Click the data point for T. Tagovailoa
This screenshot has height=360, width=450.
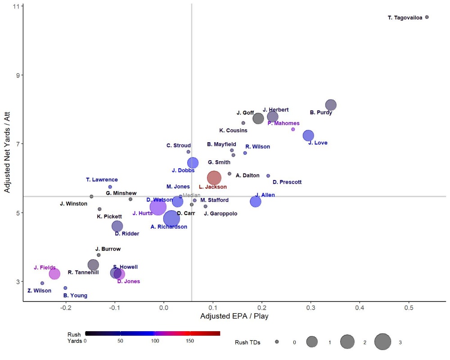[x=427, y=17]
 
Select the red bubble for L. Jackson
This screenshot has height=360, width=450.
[x=214, y=178]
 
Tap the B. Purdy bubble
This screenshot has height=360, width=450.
[x=331, y=105]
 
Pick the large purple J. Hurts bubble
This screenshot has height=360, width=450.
[x=158, y=207]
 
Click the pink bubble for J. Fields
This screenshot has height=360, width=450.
[x=54, y=274]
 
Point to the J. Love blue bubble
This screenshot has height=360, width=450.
[x=309, y=135]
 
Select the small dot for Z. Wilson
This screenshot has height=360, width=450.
[x=42, y=283]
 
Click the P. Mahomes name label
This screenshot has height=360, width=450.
[x=283, y=123]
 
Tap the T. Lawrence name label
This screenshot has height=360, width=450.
[x=102, y=180]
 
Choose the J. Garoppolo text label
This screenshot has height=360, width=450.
[x=220, y=214]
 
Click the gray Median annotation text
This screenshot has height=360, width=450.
[x=191, y=195]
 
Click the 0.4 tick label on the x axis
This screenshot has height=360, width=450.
[x=360, y=308]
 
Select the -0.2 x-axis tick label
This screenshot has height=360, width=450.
[x=66, y=308]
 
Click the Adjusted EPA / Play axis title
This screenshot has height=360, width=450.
[x=234, y=316]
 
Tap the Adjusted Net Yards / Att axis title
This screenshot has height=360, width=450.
[x=7, y=152]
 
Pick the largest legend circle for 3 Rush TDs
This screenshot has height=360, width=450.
[x=382, y=342]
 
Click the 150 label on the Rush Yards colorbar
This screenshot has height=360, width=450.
[x=190, y=341]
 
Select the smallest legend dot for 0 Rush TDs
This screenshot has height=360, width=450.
[x=277, y=342]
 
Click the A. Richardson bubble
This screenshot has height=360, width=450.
[x=171, y=219]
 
